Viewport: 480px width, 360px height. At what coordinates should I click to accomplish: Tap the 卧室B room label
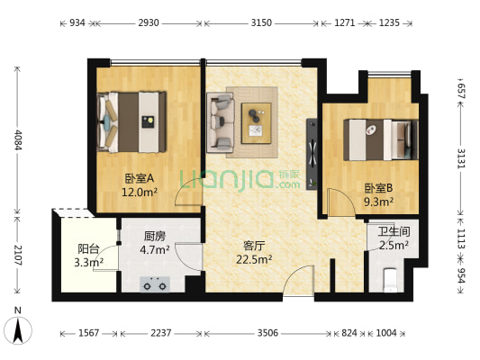(378, 188)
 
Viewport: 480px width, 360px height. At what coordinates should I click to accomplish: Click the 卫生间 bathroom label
(393, 229)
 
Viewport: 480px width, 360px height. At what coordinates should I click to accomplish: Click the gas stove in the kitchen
(156, 286)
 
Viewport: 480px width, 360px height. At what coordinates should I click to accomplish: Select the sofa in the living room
(222, 122)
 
